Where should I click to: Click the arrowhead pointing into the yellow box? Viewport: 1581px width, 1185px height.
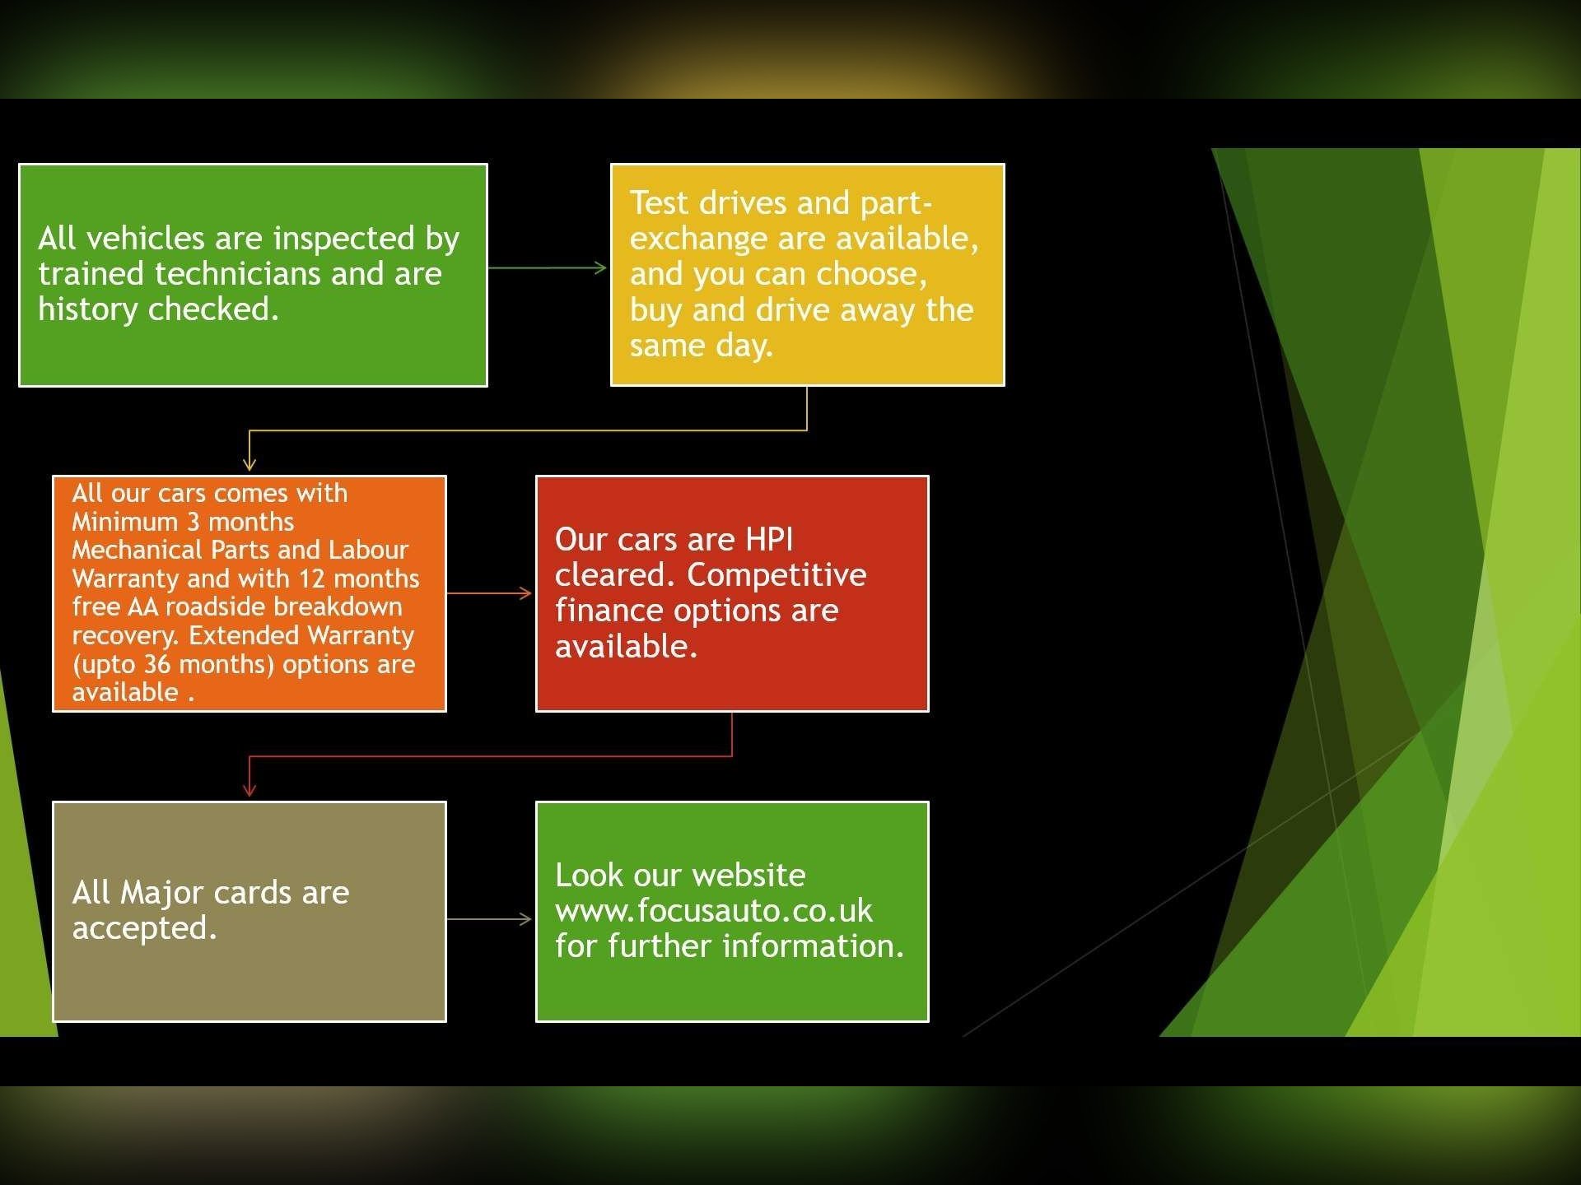coord(601,267)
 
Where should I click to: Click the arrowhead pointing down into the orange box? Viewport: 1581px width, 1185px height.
coord(250,463)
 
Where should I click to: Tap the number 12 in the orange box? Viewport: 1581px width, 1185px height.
coord(312,579)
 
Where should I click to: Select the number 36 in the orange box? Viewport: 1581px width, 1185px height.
coord(157,664)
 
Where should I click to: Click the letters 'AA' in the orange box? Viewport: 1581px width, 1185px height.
coord(142,607)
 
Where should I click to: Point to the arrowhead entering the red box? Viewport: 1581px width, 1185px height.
coord(525,592)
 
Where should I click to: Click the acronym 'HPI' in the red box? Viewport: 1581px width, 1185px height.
coord(769,540)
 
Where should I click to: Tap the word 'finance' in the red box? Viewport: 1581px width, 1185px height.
coord(609,611)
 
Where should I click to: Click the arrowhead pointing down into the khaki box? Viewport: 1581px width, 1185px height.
coord(250,789)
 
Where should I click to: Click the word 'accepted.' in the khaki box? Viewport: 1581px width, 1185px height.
coord(145,929)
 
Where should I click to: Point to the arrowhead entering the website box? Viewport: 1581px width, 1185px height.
coord(525,919)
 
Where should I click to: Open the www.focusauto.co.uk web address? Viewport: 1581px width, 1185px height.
coord(714,911)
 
